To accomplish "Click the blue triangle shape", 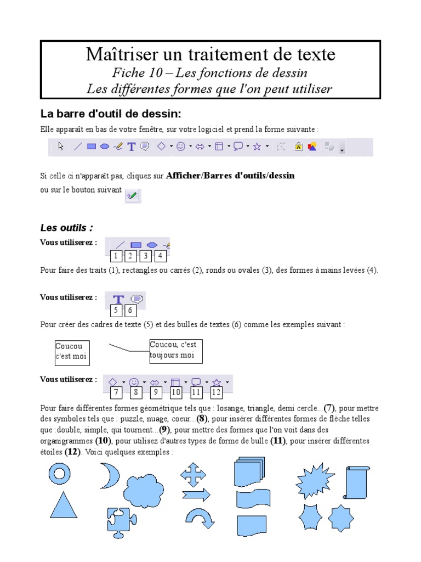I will coord(64,508).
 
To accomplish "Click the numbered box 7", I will coord(116,392).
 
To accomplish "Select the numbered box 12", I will coord(216,392).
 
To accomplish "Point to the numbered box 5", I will coord(116,311).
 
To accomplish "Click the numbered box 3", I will coord(145,256).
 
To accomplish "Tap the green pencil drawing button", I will coord(132,195).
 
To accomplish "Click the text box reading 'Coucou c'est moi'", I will coord(72,352).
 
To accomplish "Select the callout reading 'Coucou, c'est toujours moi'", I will coord(175,351).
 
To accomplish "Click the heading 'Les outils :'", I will coord(67,227).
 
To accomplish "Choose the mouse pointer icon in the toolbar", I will coord(61,147).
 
